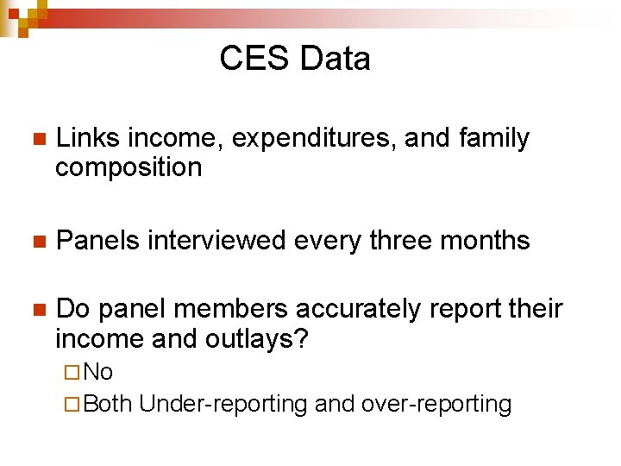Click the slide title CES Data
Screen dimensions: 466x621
click(295, 59)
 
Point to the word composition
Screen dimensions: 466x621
click(129, 167)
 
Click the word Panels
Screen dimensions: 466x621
click(97, 240)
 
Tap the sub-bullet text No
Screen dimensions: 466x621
click(99, 372)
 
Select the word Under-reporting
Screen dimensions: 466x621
click(223, 404)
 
